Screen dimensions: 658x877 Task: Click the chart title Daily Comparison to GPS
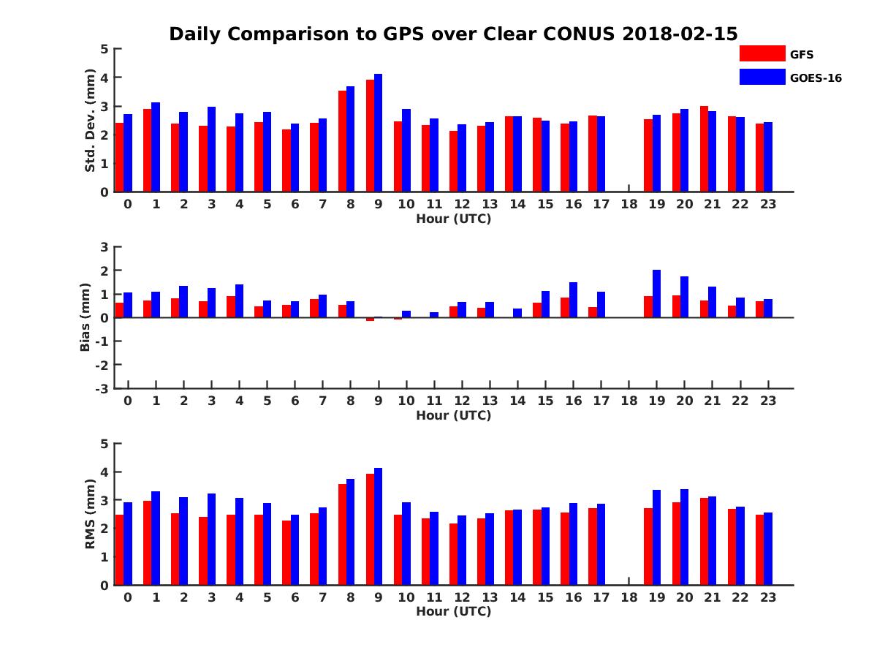(453, 34)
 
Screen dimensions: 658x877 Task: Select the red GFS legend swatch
(762, 53)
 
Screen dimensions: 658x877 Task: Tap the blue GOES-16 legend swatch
(762, 77)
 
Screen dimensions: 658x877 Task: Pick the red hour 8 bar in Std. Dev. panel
(342, 141)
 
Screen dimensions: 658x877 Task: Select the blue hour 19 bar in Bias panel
(656, 294)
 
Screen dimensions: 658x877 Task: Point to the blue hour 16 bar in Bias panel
(573, 300)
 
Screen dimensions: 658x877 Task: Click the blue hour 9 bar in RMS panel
(378, 526)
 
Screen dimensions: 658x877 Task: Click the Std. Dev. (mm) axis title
(90, 121)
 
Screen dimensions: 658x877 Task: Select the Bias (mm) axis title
(85, 317)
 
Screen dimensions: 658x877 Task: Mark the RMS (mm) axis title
(90, 514)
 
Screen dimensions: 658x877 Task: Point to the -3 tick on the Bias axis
(102, 388)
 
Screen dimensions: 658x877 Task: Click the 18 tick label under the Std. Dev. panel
(629, 205)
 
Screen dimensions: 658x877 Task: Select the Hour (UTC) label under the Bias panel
(453, 415)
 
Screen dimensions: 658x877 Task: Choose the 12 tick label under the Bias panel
(461, 401)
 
